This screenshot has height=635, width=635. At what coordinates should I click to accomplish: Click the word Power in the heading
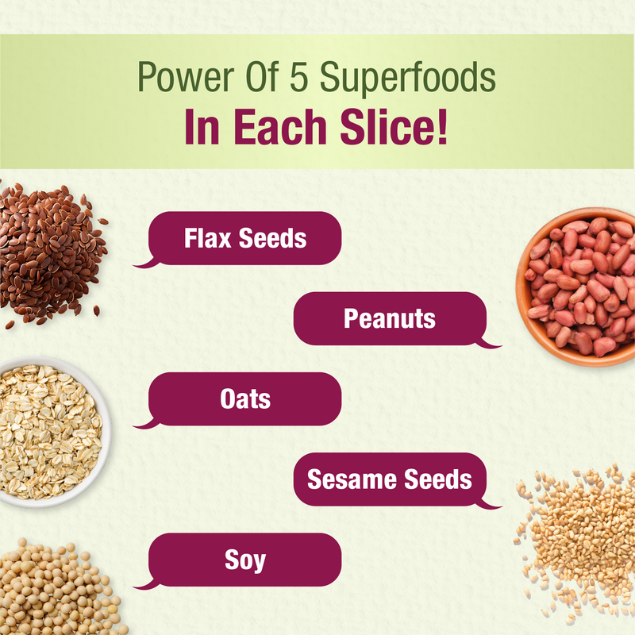click(186, 76)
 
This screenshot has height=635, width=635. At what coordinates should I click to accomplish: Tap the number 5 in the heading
click(299, 76)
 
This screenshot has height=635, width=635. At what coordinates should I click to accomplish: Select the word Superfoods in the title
click(408, 78)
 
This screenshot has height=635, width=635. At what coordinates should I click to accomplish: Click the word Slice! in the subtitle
click(394, 127)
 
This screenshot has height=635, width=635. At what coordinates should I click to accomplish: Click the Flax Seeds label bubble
click(244, 238)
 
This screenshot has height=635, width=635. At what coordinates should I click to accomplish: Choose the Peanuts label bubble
click(390, 319)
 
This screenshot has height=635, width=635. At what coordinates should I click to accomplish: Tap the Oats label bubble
click(244, 399)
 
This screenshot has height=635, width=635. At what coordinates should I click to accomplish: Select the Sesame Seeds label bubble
click(390, 479)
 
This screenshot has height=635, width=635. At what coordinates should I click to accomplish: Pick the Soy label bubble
click(244, 560)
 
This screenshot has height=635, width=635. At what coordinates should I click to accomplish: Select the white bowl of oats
click(52, 432)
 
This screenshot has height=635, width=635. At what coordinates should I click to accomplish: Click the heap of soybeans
click(56, 587)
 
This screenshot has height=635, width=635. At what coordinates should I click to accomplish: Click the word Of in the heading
click(262, 76)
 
